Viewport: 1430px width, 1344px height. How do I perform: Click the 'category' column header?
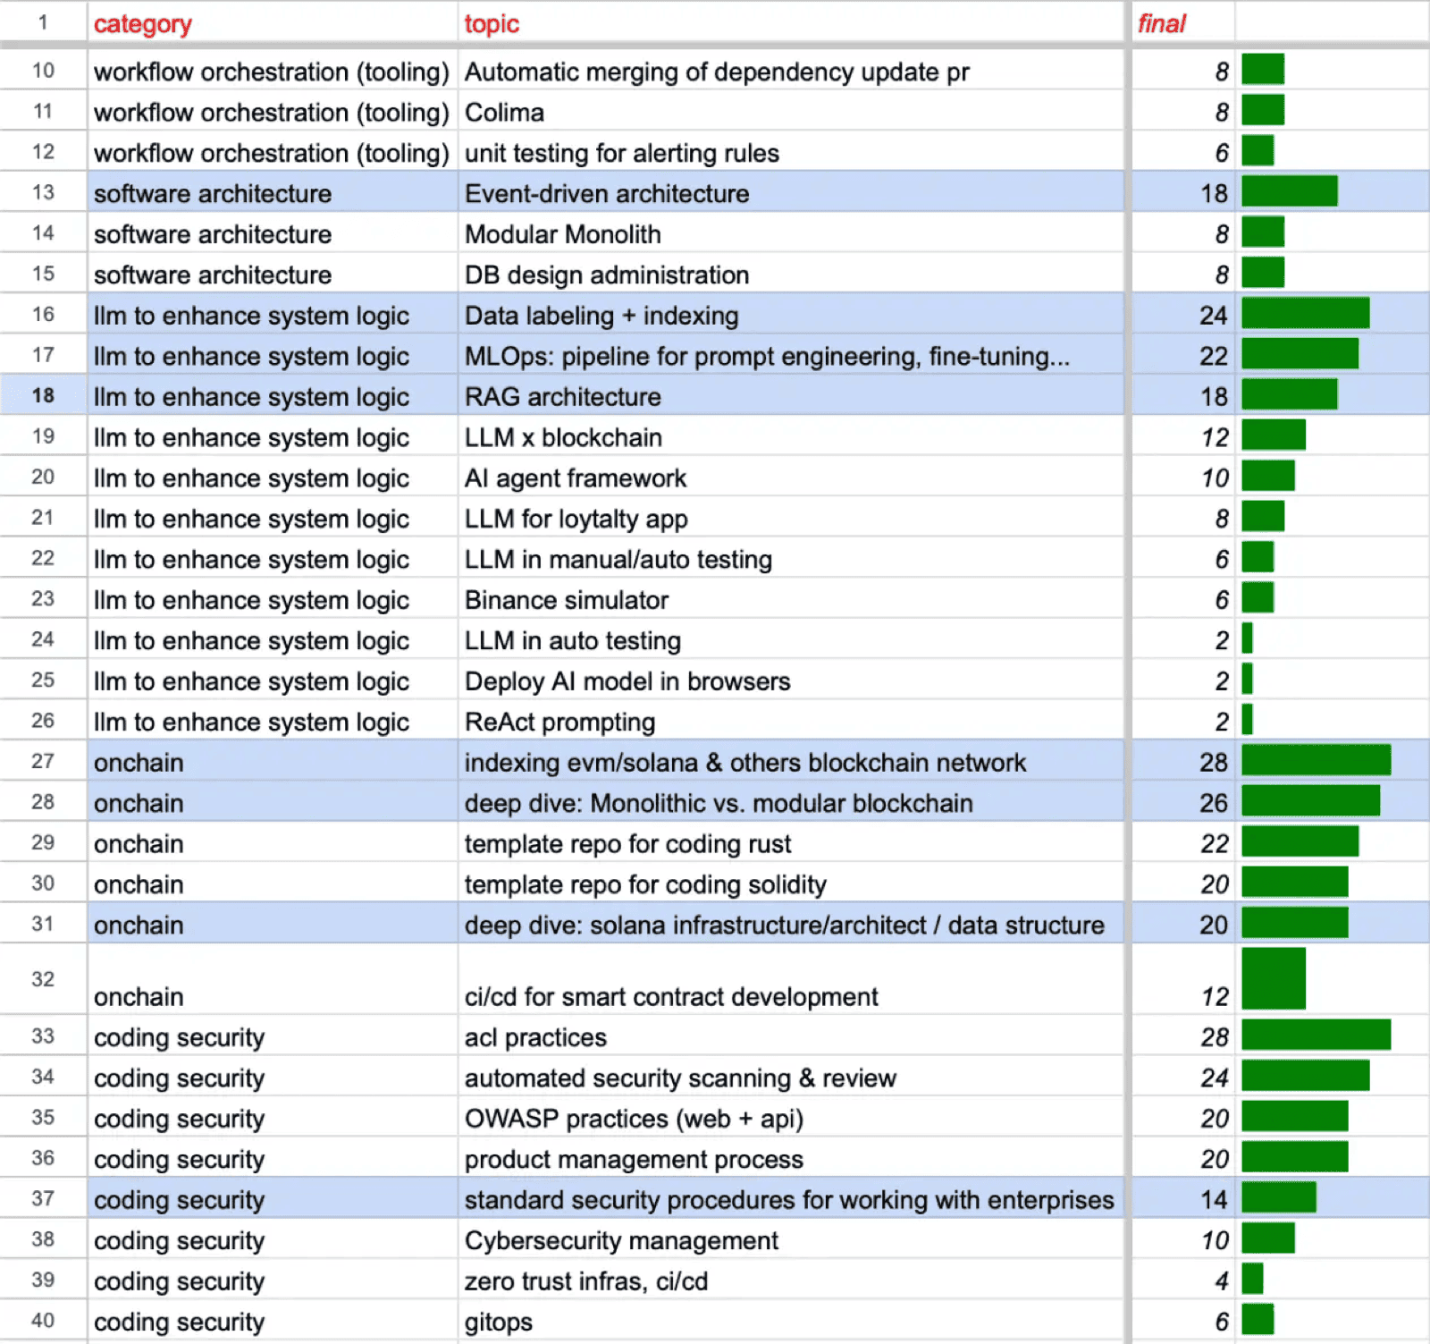pos(142,24)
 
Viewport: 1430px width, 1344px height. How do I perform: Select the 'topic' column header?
pos(492,24)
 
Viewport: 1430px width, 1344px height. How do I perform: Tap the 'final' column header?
pos(1161,24)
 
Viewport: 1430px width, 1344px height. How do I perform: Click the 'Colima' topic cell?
pos(504,113)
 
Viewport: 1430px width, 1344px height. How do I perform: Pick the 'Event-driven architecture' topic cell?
pos(607,194)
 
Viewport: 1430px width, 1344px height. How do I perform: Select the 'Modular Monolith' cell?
pos(563,234)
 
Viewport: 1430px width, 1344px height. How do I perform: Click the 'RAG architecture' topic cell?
pos(563,397)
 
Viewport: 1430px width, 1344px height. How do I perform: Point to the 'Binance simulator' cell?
pos(567,600)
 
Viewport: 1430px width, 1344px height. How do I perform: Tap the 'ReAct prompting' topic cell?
pos(560,723)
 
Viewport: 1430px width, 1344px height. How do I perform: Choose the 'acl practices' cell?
pos(535,1037)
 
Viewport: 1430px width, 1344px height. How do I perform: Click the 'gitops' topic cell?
pos(499,1323)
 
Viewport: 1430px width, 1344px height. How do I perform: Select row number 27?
pos(43,761)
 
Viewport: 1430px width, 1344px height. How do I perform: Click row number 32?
pos(43,979)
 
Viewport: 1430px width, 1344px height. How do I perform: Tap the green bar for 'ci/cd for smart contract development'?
pos(1274,978)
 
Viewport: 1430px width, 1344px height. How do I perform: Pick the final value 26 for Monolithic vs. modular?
pos(1214,803)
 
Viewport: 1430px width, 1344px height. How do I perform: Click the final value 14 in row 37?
pos(1214,1200)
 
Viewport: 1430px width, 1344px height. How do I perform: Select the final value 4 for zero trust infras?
pos(1222,1281)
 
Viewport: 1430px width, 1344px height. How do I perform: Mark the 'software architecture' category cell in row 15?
pos(213,275)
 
